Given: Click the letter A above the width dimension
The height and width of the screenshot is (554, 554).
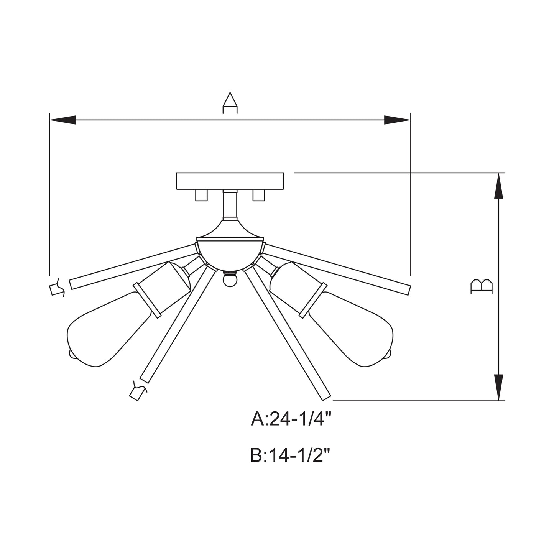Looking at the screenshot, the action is pyautogui.click(x=230, y=103).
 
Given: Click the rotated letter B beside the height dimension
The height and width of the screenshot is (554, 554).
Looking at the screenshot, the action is pyautogui.click(x=482, y=287).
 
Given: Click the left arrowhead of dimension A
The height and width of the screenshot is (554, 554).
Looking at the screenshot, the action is pyautogui.click(x=62, y=120).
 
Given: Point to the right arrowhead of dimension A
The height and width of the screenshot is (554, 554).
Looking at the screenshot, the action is pyautogui.click(x=397, y=120).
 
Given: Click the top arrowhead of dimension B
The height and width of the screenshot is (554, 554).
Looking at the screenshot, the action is pyautogui.click(x=498, y=186).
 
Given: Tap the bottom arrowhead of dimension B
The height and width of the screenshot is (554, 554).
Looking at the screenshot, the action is pyautogui.click(x=498, y=387).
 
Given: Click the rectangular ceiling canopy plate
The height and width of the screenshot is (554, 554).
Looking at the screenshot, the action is pyautogui.click(x=230, y=181).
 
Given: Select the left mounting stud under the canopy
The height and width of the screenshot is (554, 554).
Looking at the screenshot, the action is pyautogui.click(x=201, y=195).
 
